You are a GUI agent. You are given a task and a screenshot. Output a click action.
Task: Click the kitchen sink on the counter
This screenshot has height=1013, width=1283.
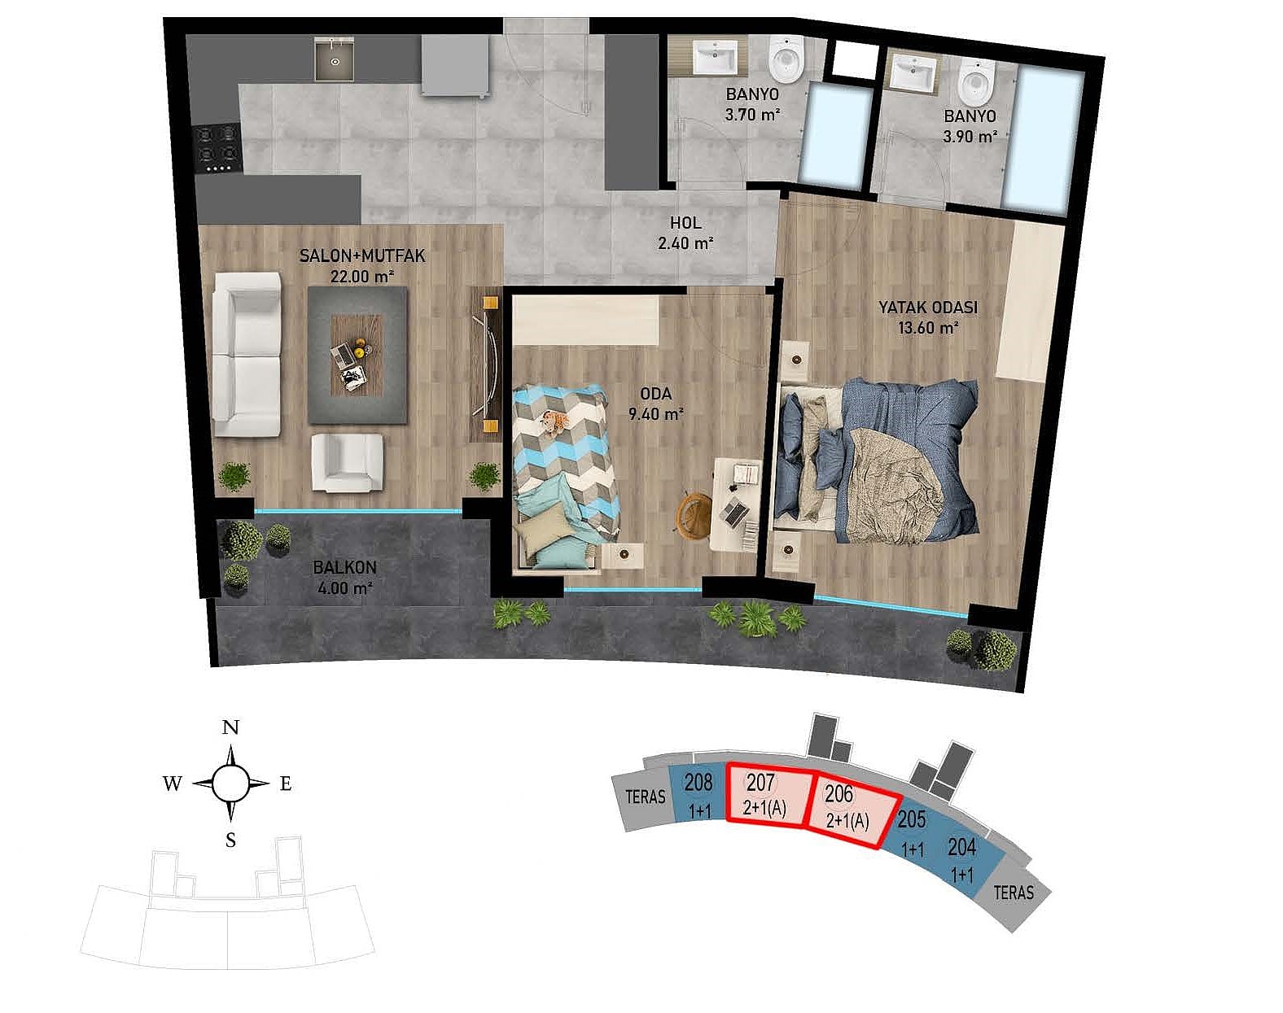point(334,59)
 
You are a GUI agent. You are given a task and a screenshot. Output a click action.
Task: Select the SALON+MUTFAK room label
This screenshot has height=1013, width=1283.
point(362,255)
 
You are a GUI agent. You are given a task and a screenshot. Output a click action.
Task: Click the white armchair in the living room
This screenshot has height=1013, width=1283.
point(347,462)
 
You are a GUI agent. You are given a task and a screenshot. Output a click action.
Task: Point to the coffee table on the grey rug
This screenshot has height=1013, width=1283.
point(357,354)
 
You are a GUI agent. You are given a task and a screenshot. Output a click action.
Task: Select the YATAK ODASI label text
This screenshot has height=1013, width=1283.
point(928,308)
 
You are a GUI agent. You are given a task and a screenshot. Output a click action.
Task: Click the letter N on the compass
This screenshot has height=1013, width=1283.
point(230,727)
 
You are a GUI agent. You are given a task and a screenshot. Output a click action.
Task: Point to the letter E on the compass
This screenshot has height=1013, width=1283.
point(286,784)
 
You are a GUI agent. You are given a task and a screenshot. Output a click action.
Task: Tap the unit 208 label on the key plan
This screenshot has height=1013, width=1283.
point(698,782)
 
